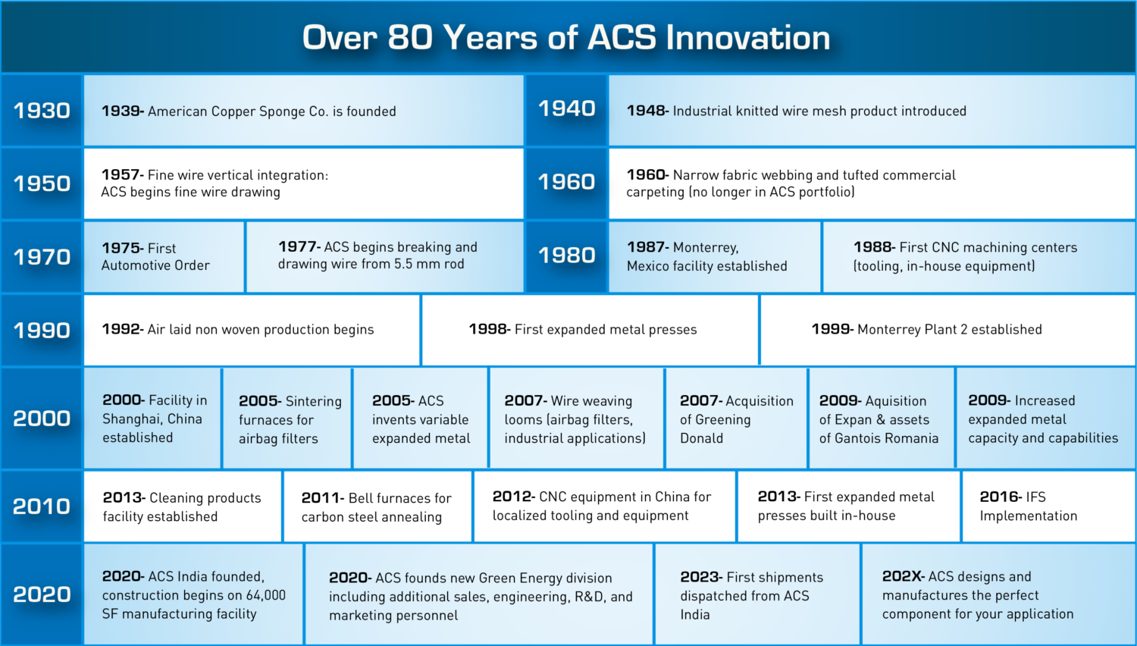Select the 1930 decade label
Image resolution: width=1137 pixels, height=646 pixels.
pos(42,111)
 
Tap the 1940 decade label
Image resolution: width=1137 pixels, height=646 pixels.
pos(566,108)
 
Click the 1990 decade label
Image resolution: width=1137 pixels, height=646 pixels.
pos(42,331)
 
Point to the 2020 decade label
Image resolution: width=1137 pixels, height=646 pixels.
pos(42,594)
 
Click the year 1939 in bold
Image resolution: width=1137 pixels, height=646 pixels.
pos(121,111)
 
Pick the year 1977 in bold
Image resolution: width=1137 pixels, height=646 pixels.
pos(298,247)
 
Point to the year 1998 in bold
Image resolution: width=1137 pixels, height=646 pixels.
pos(488,329)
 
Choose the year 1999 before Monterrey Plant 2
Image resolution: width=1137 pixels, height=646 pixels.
pos(831,329)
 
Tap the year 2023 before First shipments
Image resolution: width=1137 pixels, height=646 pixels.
pos(700,577)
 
